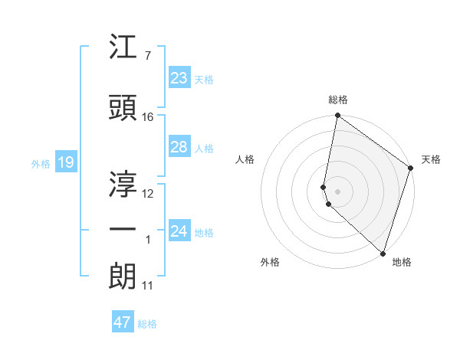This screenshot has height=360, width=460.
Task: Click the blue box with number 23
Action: tap(179, 77)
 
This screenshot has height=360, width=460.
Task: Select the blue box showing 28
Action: tap(179, 147)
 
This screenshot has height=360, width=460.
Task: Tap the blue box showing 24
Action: tap(179, 231)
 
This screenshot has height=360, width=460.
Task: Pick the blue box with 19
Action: tap(65, 162)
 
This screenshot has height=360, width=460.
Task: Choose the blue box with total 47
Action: tap(122, 322)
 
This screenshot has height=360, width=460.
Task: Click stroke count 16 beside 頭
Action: tap(148, 116)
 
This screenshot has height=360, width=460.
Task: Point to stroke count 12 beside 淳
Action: tap(148, 193)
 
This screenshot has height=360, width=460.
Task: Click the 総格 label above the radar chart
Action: tap(338, 100)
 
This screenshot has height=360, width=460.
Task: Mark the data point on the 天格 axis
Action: tap(410, 169)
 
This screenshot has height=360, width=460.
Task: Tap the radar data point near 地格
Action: tap(382, 254)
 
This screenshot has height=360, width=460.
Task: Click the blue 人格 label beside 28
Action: tap(204, 149)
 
